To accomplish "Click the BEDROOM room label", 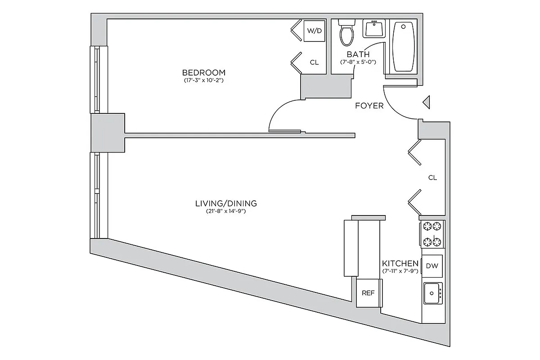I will click(203, 72).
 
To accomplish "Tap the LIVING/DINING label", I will click(226, 203).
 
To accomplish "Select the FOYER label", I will click(369, 106).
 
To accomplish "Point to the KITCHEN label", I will click(400, 263).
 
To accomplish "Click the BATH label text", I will click(358, 54).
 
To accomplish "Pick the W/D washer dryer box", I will click(314, 31).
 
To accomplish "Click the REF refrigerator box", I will click(369, 293).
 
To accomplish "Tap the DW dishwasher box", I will click(432, 266).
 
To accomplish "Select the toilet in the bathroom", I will click(347, 32).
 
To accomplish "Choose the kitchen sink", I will click(432, 293).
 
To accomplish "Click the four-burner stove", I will click(432, 234).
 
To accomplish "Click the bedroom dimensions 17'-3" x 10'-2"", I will click(203, 81).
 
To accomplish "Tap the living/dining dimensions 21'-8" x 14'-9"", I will click(226, 211).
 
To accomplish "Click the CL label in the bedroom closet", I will click(314, 63).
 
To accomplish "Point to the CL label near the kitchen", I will click(432, 178).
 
